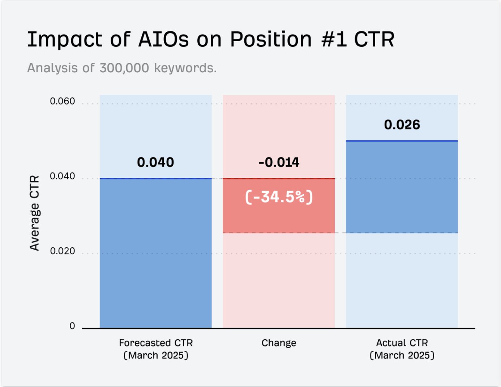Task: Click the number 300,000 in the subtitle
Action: pyautogui.click(x=124, y=68)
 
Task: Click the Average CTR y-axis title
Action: pyautogui.click(x=34, y=213)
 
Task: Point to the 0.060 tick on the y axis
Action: pyautogui.click(x=62, y=101)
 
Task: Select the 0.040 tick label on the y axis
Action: pyautogui.click(x=62, y=176)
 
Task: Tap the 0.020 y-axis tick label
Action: pyautogui.click(x=62, y=251)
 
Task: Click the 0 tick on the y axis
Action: pyautogui.click(x=72, y=326)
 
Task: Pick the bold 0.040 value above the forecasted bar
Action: pyautogui.click(x=155, y=162)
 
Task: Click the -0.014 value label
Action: pyautogui.click(x=279, y=162)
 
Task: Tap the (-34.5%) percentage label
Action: pyautogui.click(x=279, y=197)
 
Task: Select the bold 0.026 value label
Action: pyautogui.click(x=402, y=125)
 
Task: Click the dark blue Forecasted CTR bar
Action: pyautogui.click(x=155, y=253)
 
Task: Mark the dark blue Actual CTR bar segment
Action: pyautogui.click(x=402, y=187)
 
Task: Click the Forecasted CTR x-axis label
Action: pyautogui.click(x=156, y=349)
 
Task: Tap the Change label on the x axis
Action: pyautogui.click(x=279, y=343)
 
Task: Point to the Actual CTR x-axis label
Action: pyautogui.click(x=402, y=349)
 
